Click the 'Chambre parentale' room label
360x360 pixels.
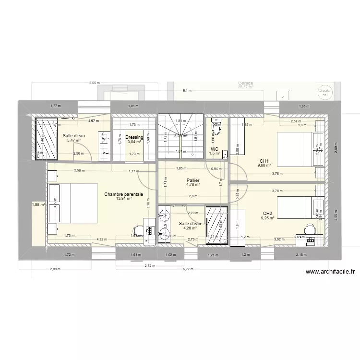click(x=123, y=194)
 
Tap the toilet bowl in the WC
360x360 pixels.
click(x=217, y=129)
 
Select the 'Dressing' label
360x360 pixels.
click(x=134, y=137)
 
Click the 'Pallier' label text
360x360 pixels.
click(x=193, y=180)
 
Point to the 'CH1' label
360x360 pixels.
click(x=264, y=161)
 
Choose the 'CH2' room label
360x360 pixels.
click(x=268, y=214)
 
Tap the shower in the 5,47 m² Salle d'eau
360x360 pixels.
click(x=46, y=137)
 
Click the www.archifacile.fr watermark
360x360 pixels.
click(x=331, y=271)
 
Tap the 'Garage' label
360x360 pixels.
click(x=245, y=83)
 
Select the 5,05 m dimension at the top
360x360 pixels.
click(x=94, y=83)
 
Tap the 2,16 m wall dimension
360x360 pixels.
click(x=301, y=254)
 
